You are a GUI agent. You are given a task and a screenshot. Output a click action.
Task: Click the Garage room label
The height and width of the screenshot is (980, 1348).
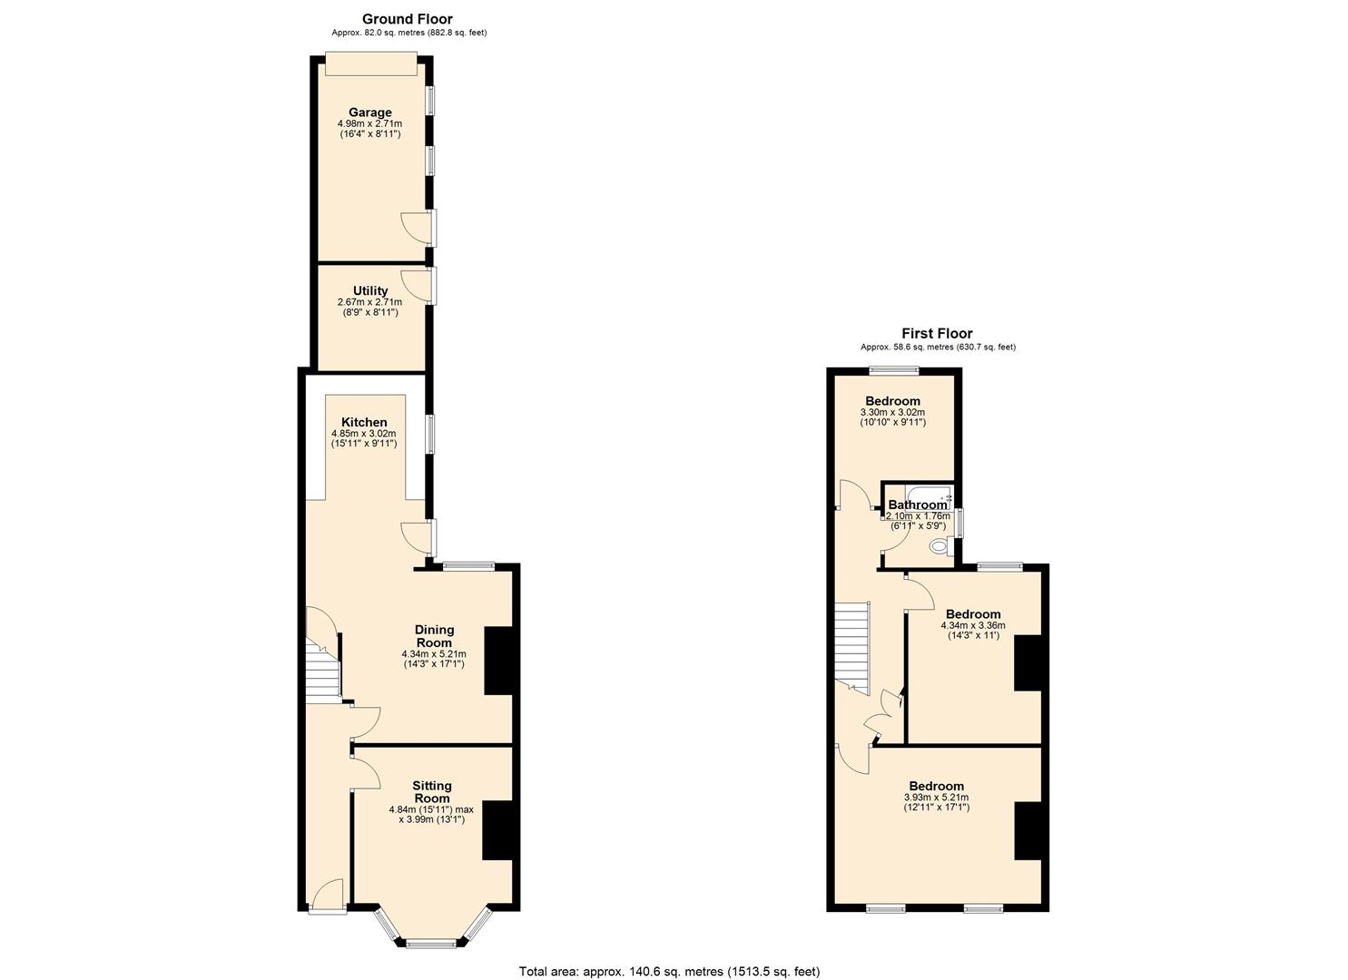coord(369,113)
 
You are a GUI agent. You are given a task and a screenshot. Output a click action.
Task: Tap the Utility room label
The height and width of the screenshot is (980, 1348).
coord(369,290)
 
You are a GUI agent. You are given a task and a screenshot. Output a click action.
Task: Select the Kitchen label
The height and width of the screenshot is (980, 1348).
coord(364,422)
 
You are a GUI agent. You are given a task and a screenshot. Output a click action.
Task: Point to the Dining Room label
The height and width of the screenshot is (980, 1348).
coord(434,636)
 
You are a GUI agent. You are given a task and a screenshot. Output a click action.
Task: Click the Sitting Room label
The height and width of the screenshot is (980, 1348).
coord(431,792)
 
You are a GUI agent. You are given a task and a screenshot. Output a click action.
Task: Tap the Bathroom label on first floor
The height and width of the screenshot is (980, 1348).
coord(917,505)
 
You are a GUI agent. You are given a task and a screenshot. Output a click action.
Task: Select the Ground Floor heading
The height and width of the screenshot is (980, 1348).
coord(407,18)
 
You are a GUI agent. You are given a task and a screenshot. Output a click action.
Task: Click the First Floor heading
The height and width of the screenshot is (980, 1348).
coord(937,333)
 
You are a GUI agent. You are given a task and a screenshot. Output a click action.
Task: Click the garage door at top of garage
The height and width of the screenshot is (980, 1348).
coord(371,64)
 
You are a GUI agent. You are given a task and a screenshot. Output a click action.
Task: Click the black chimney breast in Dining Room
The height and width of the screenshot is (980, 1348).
coord(497,661)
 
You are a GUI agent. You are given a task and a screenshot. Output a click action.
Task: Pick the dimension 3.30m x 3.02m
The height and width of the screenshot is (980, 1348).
coord(892,412)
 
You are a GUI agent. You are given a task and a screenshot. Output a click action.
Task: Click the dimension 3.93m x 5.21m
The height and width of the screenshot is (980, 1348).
coord(936,798)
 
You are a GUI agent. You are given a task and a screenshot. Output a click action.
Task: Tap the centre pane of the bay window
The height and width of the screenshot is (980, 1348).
coord(431,944)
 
